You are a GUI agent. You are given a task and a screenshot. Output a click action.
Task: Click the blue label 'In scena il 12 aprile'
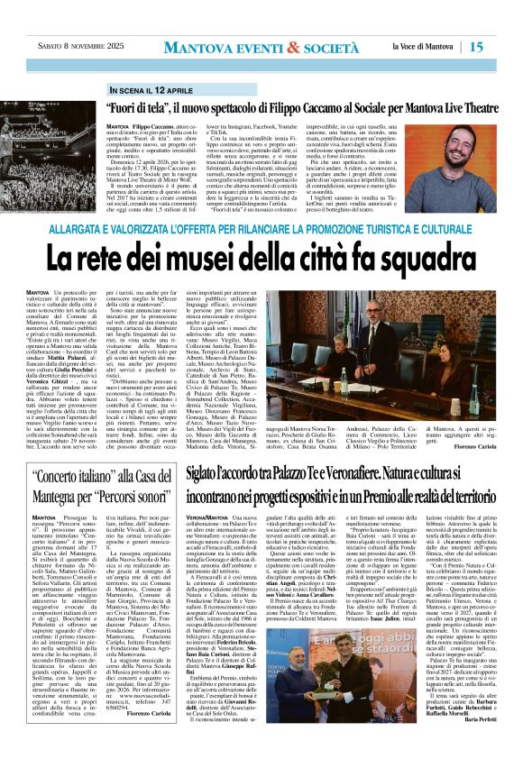coord(151,91)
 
